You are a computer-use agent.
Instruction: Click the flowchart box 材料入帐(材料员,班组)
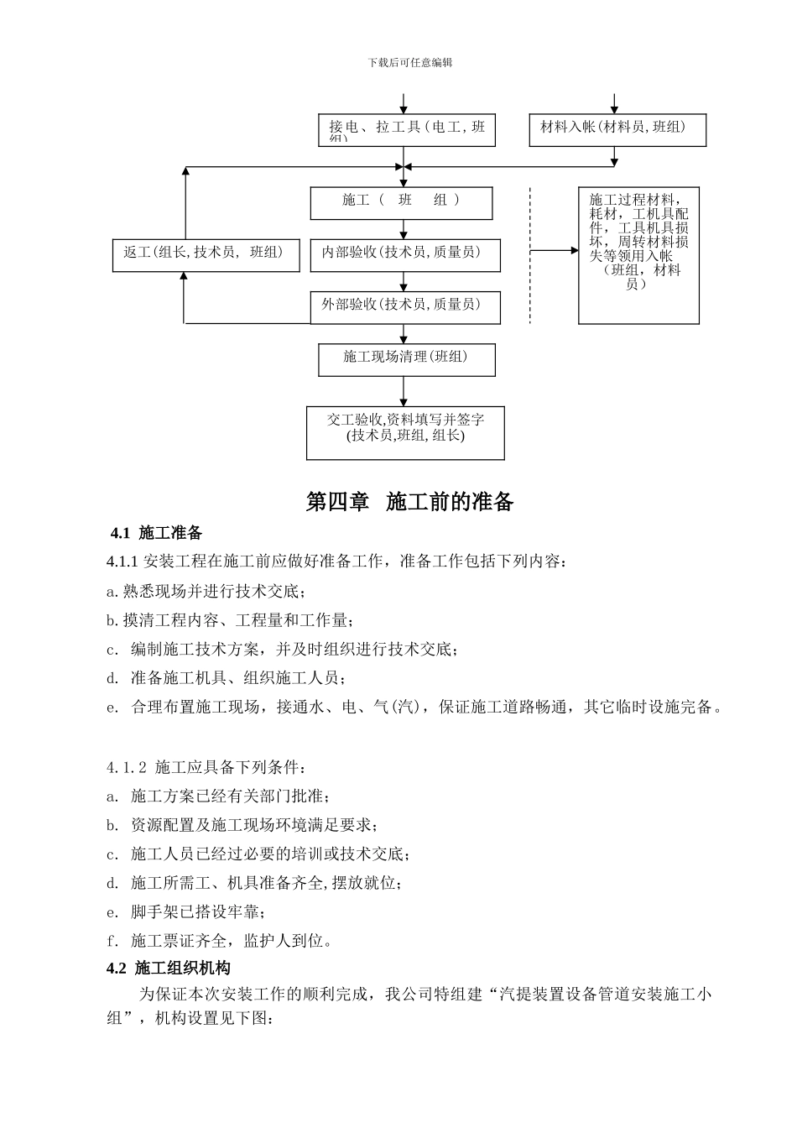click(x=617, y=129)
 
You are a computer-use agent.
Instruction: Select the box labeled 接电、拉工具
click(x=407, y=130)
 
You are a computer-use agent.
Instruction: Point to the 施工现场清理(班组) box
click(x=406, y=359)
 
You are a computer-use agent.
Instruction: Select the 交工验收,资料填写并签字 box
click(x=405, y=433)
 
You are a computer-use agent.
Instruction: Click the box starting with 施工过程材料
click(x=638, y=255)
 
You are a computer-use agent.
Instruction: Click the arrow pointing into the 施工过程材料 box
click(x=555, y=250)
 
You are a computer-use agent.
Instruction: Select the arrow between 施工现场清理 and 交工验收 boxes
click(x=404, y=390)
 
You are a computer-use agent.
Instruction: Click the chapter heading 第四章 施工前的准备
click(x=409, y=502)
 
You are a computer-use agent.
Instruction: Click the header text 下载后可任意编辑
click(x=409, y=63)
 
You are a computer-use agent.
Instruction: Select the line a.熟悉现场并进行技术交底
click(x=206, y=591)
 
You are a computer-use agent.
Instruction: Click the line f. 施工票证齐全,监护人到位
click(x=220, y=941)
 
